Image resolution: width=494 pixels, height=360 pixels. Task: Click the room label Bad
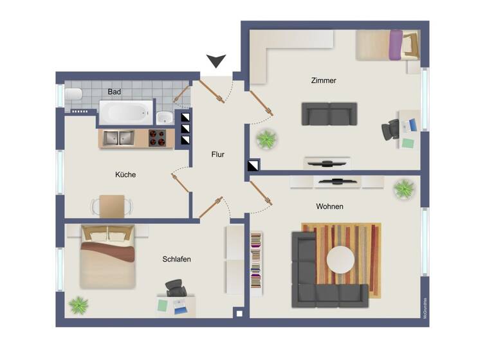(x=114, y=92)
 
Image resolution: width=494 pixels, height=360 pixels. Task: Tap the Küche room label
(x=125, y=174)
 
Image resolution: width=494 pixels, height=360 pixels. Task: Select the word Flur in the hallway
(x=218, y=154)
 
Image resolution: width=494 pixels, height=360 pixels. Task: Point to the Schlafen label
(x=176, y=259)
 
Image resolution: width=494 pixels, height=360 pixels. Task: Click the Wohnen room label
(x=329, y=206)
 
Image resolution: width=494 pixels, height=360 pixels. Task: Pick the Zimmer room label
(x=324, y=81)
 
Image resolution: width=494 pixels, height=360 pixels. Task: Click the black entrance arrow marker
(x=217, y=62)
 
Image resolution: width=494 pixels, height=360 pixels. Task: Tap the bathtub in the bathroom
(x=125, y=113)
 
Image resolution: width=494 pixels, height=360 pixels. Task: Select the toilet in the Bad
(x=73, y=95)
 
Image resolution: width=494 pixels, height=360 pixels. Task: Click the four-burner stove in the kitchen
(x=158, y=138)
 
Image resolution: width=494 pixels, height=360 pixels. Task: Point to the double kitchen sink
(x=117, y=138)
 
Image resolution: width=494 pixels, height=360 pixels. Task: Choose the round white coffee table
(x=340, y=260)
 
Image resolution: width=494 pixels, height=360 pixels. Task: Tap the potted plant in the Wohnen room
(x=404, y=189)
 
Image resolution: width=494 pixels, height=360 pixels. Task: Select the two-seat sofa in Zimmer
(x=329, y=114)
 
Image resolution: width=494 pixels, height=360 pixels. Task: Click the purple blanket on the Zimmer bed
(x=396, y=45)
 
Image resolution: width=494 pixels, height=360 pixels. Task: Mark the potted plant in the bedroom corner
(x=79, y=304)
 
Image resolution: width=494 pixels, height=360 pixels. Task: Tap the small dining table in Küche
(x=112, y=206)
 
